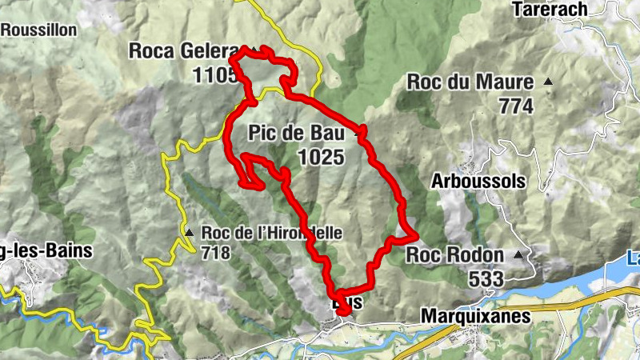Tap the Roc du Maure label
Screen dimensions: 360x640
470,82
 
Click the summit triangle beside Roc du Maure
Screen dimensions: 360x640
549,82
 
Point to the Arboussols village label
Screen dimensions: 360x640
478,182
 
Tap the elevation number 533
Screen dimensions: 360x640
487,278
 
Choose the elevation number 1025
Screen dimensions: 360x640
321,158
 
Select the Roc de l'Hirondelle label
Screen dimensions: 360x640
272,234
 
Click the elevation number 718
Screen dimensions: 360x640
216,254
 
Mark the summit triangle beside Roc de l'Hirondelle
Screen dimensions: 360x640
190,233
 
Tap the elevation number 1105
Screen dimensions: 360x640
214,75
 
